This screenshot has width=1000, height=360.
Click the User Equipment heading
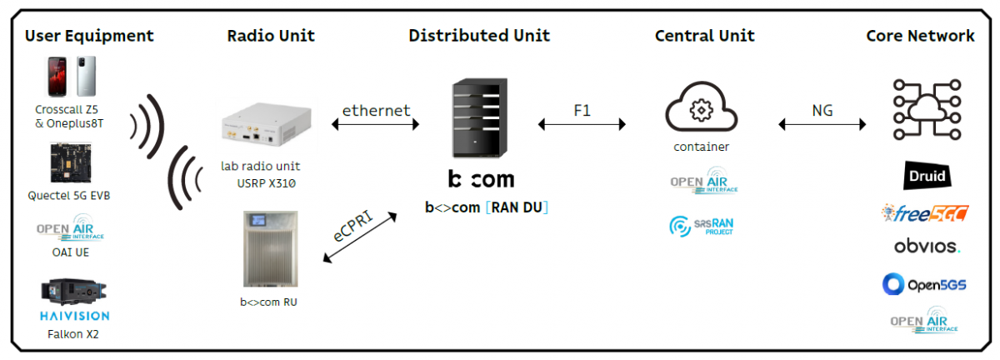pyautogui.click(x=89, y=36)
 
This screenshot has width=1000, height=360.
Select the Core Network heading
pyautogui.click(x=920, y=36)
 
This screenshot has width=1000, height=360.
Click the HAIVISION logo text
pyautogui.click(x=74, y=316)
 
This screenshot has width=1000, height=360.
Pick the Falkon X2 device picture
pyautogui.click(x=73, y=293)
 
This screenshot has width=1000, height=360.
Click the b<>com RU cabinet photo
pyautogui.click(x=269, y=249)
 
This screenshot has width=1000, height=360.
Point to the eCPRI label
pyautogui.click(x=354, y=226)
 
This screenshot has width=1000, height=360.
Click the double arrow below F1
pyautogui.click(x=582, y=125)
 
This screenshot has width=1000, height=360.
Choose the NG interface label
pyautogui.click(x=822, y=110)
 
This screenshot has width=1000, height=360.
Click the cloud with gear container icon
pyautogui.click(x=701, y=108)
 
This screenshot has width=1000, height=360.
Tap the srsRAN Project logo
pyautogui.click(x=701, y=226)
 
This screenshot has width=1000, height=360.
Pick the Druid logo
pyautogui.click(x=925, y=176)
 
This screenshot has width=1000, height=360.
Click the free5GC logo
pyautogui.click(x=925, y=213)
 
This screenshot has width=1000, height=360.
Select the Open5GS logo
pyautogui.click(x=925, y=284)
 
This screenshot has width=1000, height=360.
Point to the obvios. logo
pyautogui.click(x=926, y=247)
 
